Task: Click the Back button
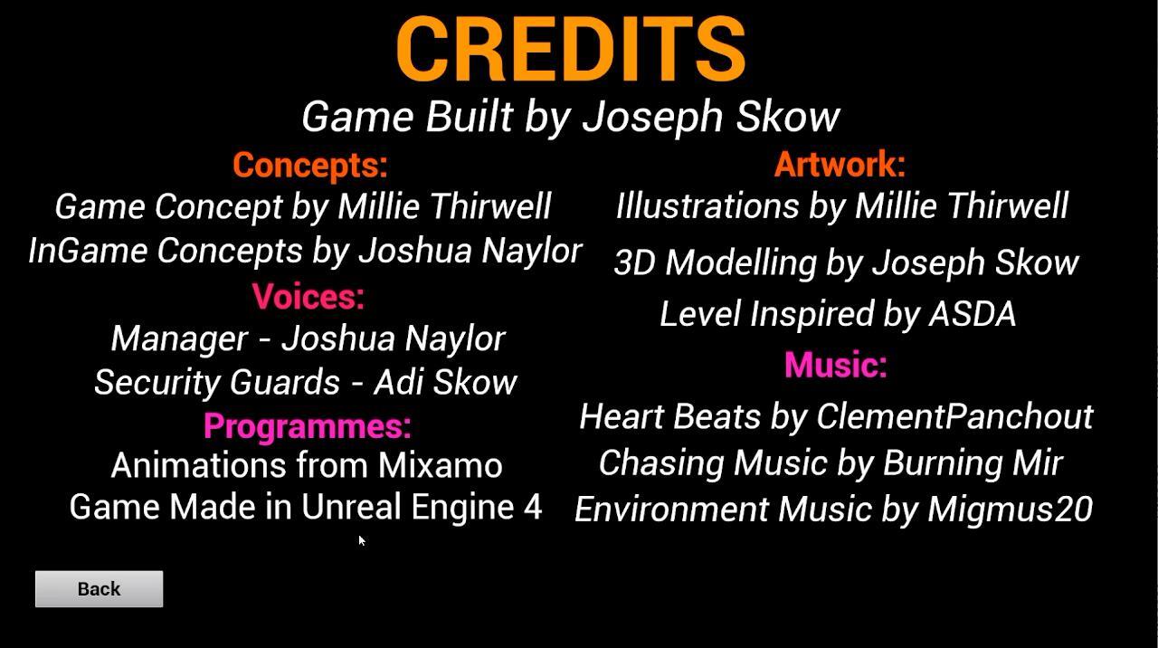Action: click(99, 588)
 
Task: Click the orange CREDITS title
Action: click(571, 49)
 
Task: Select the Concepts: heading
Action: click(310, 165)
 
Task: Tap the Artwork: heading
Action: click(840, 164)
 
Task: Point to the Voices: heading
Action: click(308, 296)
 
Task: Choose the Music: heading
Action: click(835, 364)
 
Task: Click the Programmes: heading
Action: click(308, 426)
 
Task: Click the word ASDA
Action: click(973, 313)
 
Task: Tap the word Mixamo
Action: click(440, 464)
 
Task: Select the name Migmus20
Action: click(1011, 509)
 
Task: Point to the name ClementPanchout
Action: click(954, 415)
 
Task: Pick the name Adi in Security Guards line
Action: click(399, 382)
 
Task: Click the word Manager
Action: click(179, 339)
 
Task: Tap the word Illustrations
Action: click(707, 205)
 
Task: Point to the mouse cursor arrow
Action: click(361, 541)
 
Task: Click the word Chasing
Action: click(661, 462)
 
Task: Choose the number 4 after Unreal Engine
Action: click(533, 507)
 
